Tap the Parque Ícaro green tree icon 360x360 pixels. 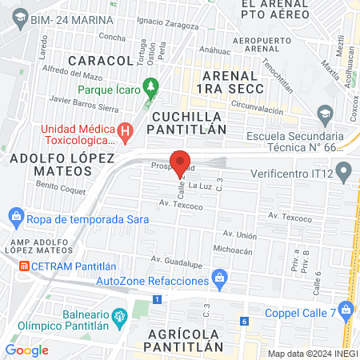[150, 84]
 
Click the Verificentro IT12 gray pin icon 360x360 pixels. [344, 170]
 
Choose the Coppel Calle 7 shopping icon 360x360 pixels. [346, 309]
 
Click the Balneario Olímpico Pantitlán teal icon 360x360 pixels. [119, 317]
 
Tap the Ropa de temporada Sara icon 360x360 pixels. [15, 215]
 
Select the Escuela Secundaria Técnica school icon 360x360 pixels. [324, 118]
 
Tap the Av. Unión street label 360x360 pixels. [239, 234]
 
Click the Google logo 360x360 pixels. [26, 350]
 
